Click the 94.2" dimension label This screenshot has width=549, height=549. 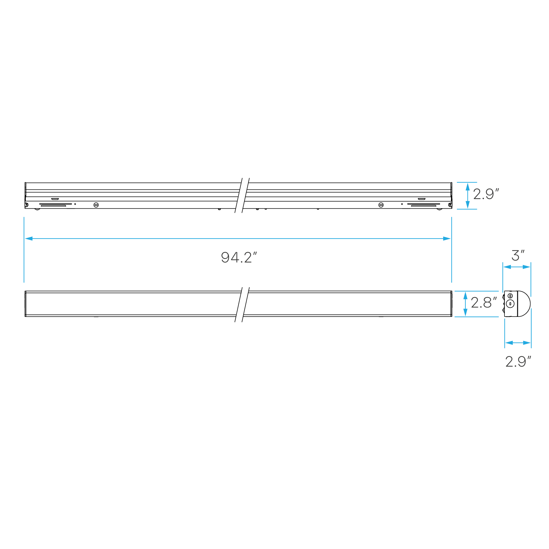click(239, 258)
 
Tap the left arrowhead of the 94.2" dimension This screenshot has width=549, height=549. click(29, 239)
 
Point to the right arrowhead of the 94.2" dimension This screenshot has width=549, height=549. click(447, 239)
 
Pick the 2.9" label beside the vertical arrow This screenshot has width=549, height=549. click(486, 194)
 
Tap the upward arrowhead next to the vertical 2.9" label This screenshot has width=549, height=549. click(468, 187)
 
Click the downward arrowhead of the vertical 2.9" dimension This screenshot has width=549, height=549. click(468, 205)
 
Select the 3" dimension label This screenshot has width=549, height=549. click(518, 256)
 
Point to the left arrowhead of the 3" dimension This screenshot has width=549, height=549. click(507, 267)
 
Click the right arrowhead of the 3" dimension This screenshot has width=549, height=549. click(527, 267)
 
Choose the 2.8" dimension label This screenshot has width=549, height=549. click(484, 303)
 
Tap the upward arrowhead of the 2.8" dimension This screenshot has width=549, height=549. click(465, 295)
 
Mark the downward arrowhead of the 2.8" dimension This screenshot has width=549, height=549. click(465, 313)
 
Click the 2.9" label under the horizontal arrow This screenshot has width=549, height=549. click(518, 362)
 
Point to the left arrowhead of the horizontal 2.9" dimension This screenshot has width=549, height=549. click(509, 343)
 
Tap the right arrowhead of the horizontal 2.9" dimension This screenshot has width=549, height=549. click(527, 343)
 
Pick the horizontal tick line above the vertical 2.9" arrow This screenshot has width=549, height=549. click(467, 182)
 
